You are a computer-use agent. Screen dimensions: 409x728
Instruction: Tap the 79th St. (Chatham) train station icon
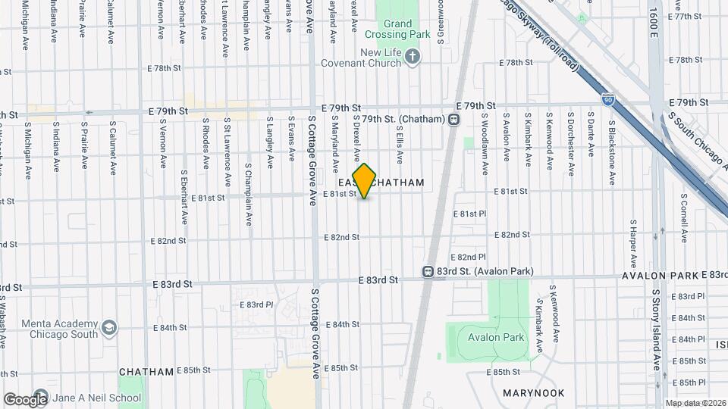click(453, 118)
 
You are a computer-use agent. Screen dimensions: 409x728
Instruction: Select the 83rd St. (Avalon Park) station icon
click(428, 271)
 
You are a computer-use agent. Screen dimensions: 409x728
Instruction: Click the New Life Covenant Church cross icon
click(413, 57)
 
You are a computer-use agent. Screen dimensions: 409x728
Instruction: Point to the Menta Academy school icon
click(110, 328)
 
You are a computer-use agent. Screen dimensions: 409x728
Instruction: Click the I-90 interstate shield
click(608, 99)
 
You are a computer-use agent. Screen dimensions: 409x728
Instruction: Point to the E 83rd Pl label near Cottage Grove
click(256, 304)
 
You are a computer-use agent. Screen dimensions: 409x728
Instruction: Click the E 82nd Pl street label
click(468, 258)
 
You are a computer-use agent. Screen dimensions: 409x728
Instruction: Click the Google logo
click(26, 399)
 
